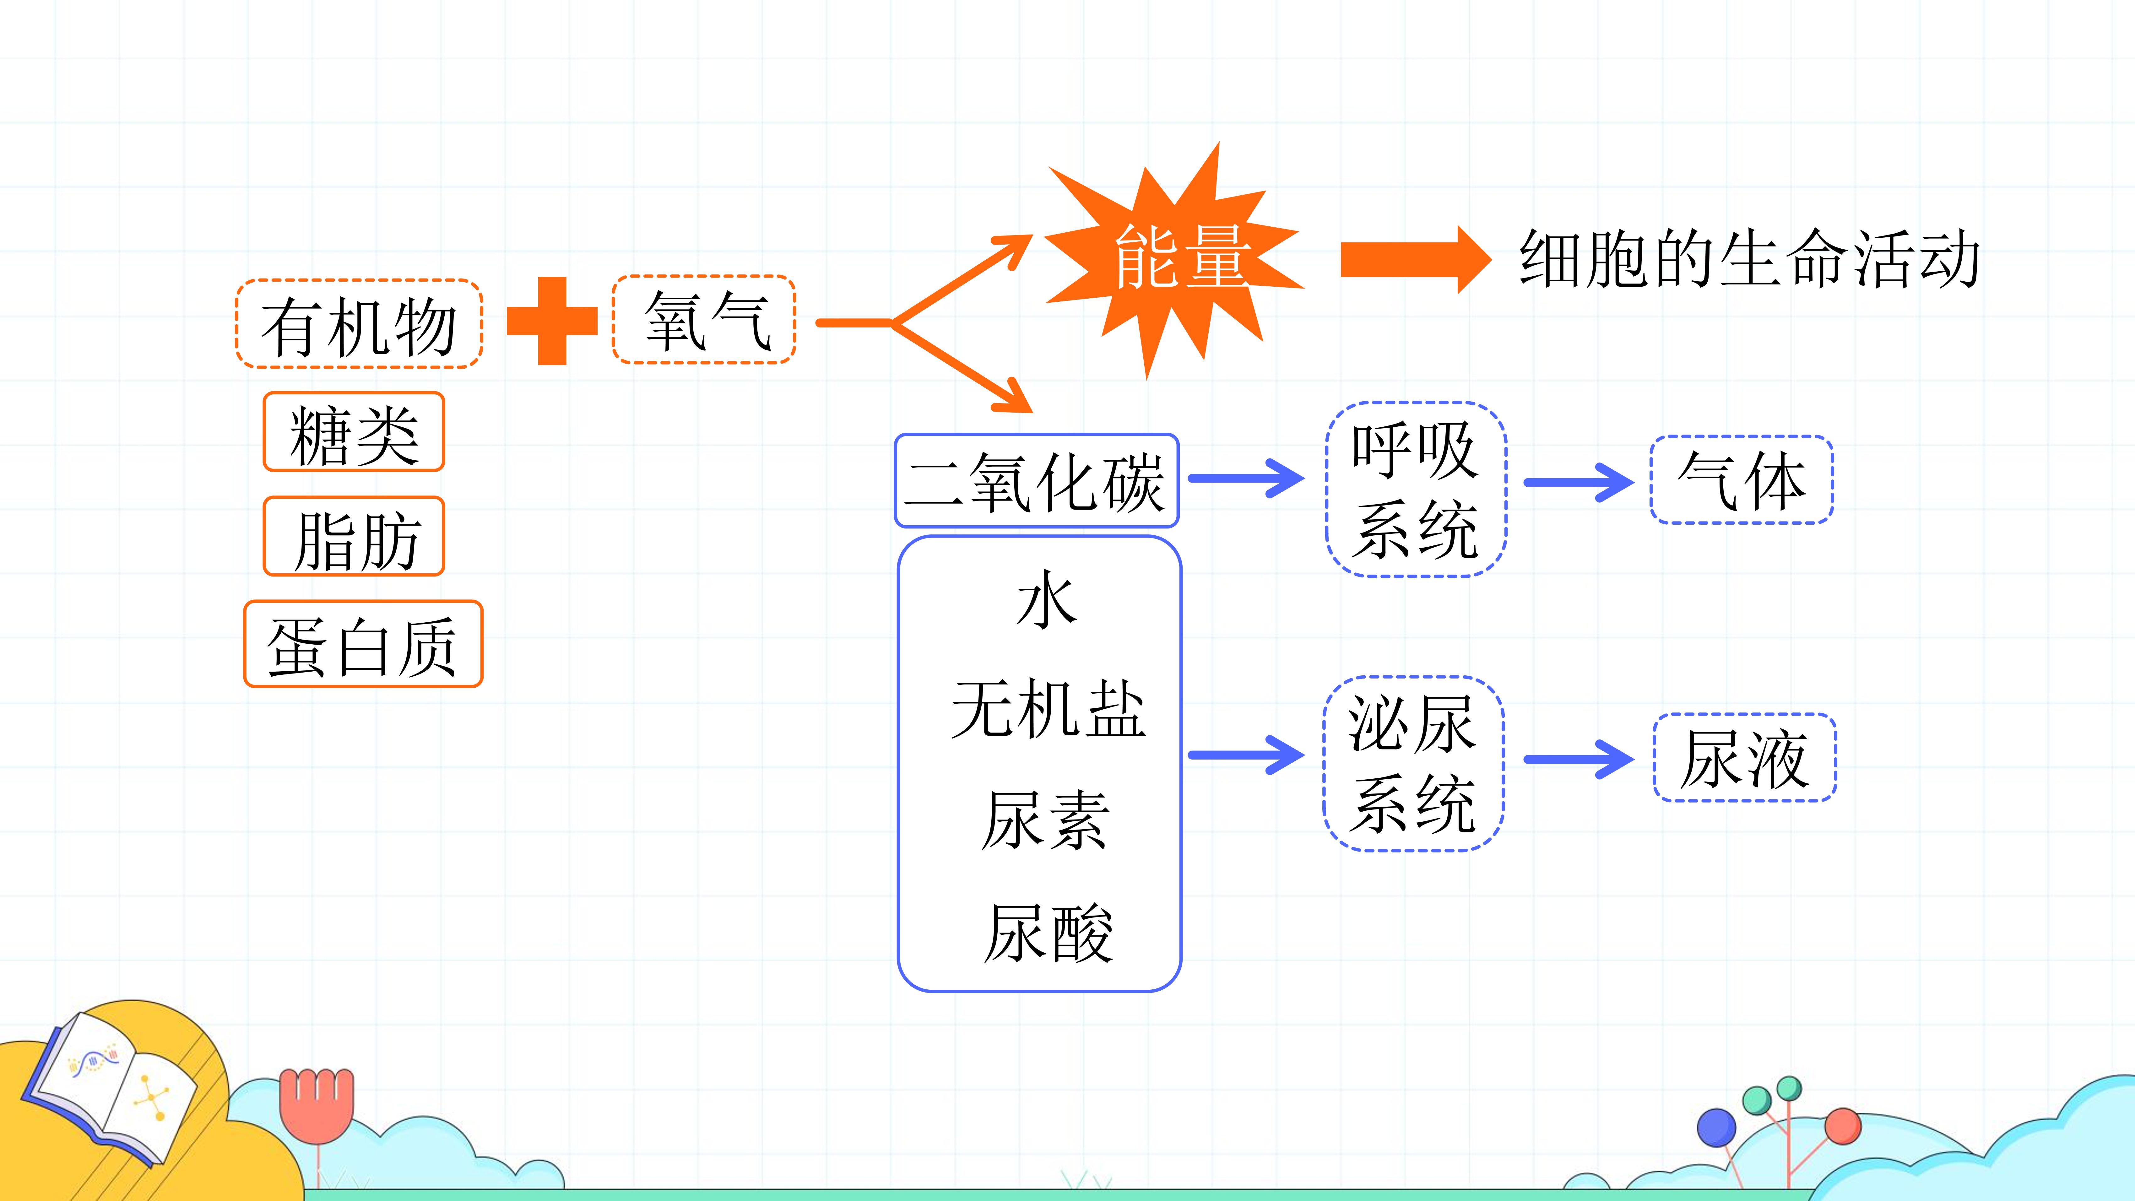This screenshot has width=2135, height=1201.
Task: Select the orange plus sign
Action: [x=552, y=321]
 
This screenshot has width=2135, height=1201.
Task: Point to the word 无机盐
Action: [x=1049, y=710]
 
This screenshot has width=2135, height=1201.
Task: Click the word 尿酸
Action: [x=1049, y=933]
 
